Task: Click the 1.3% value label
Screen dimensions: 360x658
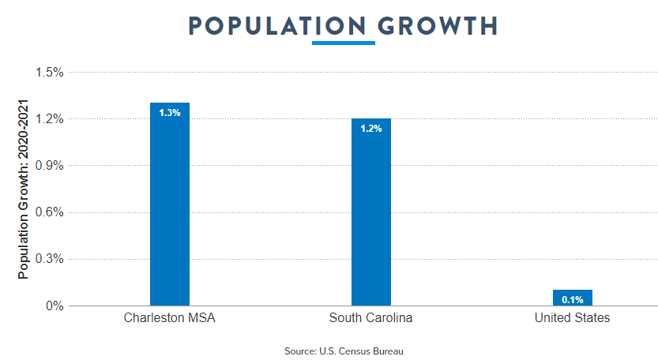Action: pos(170,113)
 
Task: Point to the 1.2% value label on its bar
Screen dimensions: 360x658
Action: pos(371,129)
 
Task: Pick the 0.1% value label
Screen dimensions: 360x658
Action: pos(573,300)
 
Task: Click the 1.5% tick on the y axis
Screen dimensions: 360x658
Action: pos(49,73)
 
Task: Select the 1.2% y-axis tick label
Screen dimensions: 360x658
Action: pos(49,119)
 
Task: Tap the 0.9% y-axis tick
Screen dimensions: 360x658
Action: pos(49,166)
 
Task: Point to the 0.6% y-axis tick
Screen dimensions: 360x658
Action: pos(49,212)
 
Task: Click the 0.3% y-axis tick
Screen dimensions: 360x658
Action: pos(49,259)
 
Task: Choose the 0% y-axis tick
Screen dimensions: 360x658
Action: pos(54,306)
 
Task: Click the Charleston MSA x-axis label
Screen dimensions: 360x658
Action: pos(170,319)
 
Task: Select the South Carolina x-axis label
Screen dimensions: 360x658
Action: pos(371,319)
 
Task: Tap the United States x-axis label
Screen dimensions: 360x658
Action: pos(573,319)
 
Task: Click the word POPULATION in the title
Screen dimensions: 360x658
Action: pos(277,25)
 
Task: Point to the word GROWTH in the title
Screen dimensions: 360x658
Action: pos(438,25)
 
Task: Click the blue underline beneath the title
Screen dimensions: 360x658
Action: pos(344,43)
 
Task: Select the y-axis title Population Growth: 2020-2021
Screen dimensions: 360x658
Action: pos(24,189)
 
